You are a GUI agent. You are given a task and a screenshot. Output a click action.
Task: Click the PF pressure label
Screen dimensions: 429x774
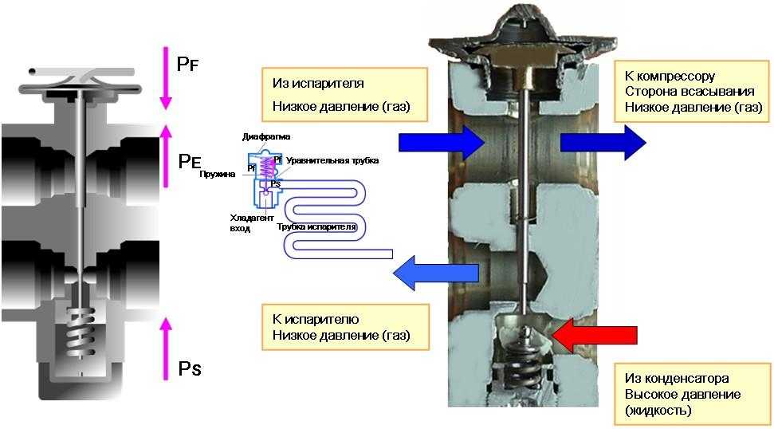(188, 64)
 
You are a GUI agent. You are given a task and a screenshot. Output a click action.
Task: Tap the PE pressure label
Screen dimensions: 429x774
(189, 161)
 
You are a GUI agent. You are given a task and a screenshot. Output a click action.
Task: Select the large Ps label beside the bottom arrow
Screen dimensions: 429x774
(189, 368)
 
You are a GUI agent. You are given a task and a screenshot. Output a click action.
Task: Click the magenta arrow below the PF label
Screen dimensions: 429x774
(166, 77)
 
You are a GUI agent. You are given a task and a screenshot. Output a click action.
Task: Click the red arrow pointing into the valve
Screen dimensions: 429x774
(594, 336)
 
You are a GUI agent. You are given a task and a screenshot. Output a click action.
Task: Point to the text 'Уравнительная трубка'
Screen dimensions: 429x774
(332, 161)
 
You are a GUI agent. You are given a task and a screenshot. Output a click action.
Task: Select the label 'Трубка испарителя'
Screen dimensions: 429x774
(316, 228)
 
